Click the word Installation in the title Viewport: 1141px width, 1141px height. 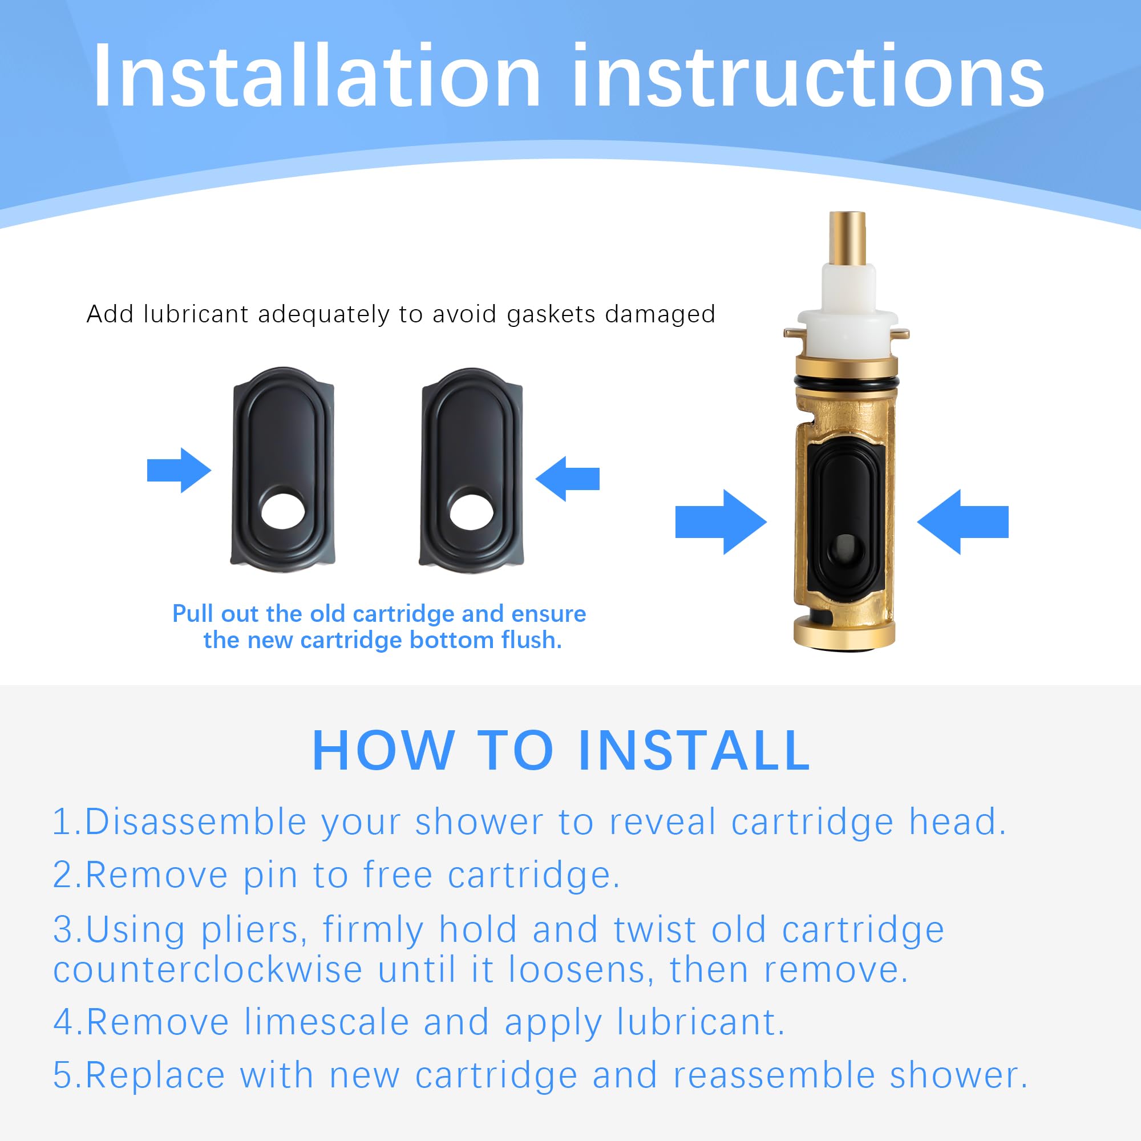[x=317, y=76]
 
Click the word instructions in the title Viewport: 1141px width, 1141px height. [x=808, y=76]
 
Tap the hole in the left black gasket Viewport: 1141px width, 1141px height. [x=284, y=511]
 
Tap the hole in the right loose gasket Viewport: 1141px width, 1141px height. [x=472, y=511]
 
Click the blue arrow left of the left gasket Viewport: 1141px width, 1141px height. [x=179, y=470]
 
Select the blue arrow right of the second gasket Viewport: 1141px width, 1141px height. [x=568, y=479]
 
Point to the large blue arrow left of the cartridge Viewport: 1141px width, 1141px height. [x=721, y=522]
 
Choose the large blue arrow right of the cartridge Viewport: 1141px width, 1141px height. [x=962, y=522]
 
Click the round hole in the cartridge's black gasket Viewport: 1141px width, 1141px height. [x=845, y=551]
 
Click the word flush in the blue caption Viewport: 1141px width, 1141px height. [x=531, y=640]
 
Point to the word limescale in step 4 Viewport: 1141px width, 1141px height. [x=326, y=1022]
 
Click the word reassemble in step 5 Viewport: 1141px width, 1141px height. [x=774, y=1075]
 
